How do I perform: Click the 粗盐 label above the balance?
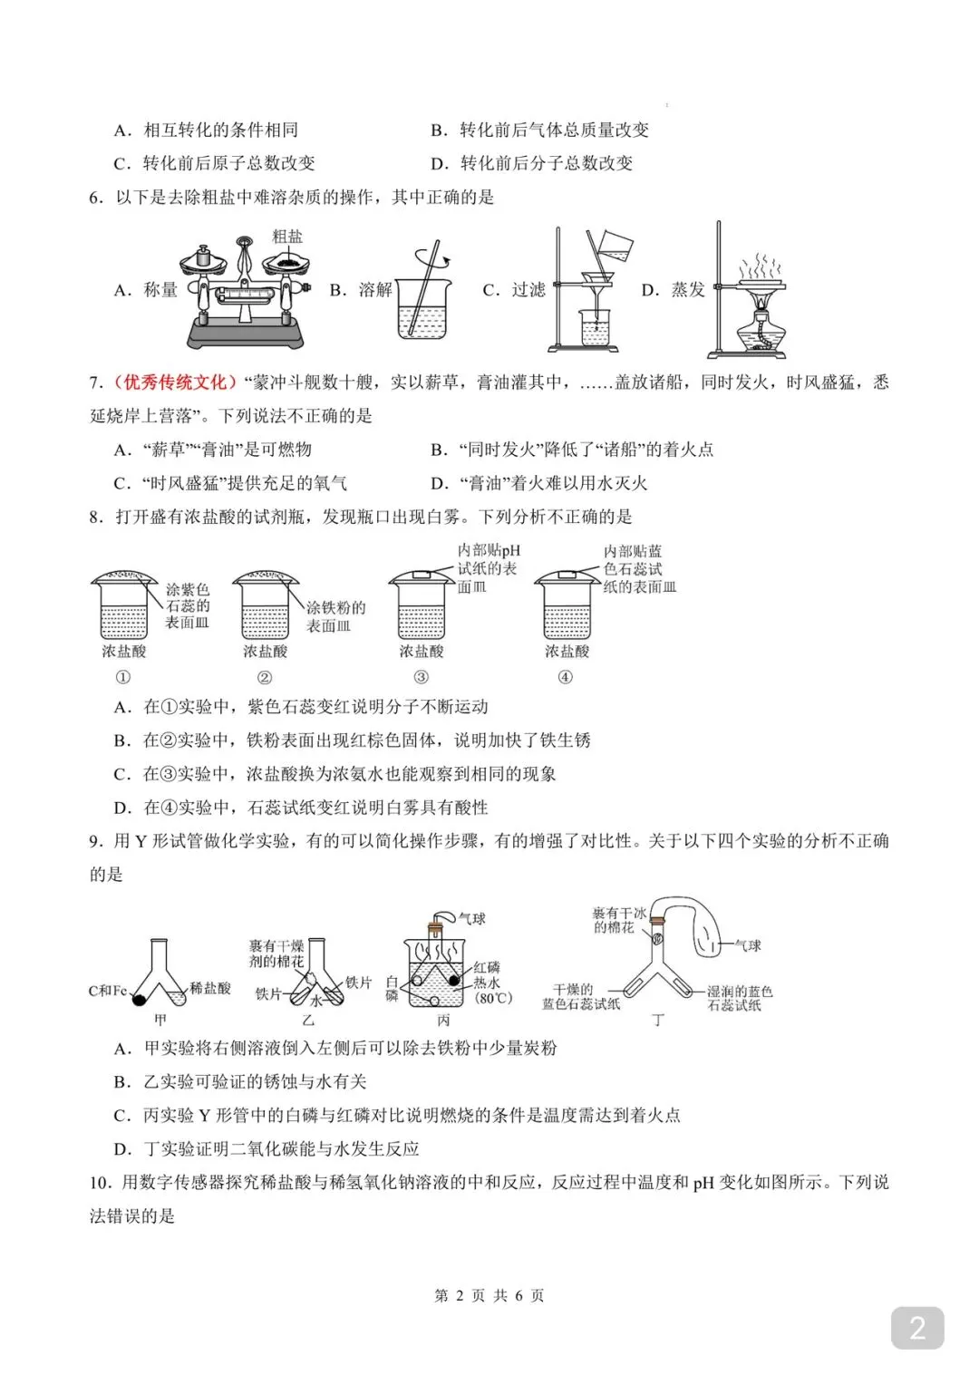click(287, 237)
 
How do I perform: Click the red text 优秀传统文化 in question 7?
click(170, 382)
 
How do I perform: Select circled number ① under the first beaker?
click(123, 677)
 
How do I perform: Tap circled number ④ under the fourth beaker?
click(566, 677)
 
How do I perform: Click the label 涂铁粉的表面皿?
click(335, 616)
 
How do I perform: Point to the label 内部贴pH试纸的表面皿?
click(488, 568)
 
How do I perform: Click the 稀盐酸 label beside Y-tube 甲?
click(209, 988)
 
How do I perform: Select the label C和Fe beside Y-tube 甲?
click(107, 991)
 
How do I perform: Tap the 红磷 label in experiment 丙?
click(486, 968)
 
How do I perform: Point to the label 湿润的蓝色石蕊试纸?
click(739, 998)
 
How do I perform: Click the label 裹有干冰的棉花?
click(619, 920)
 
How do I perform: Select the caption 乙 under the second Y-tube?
click(308, 1021)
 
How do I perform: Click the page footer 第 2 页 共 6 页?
click(489, 1295)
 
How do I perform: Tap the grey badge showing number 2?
click(917, 1328)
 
